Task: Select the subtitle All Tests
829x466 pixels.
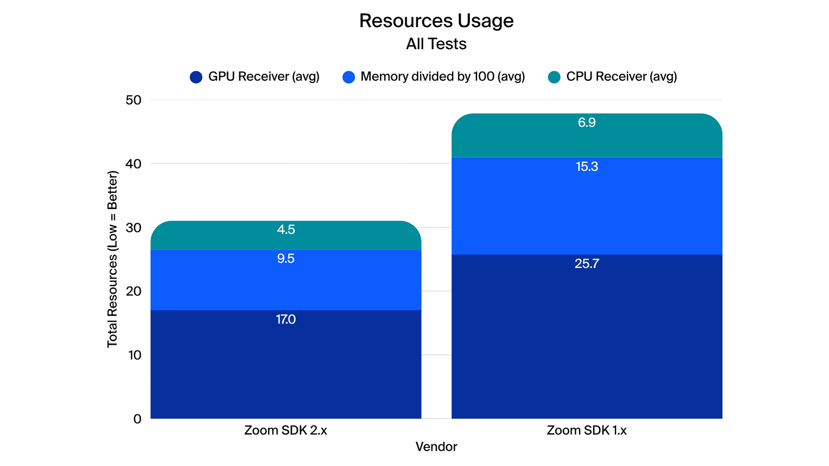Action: click(x=436, y=43)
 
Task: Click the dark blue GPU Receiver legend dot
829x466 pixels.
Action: click(x=196, y=77)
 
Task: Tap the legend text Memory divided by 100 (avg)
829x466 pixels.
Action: click(x=442, y=76)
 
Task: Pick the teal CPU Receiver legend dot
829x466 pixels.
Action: click(x=554, y=77)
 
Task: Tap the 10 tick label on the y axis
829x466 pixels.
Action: click(x=135, y=355)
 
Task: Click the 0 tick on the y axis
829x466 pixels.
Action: click(x=137, y=419)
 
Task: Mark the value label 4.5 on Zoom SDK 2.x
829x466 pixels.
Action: click(x=286, y=230)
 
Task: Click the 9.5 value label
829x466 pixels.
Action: click(x=286, y=259)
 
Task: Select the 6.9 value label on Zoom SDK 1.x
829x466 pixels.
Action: click(x=587, y=123)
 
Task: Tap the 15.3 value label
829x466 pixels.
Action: click(x=587, y=167)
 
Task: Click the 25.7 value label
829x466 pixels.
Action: click(x=587, y=264)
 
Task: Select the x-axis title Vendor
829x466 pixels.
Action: click(x=436, y=447)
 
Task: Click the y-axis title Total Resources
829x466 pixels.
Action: click(x=112, y=259)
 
